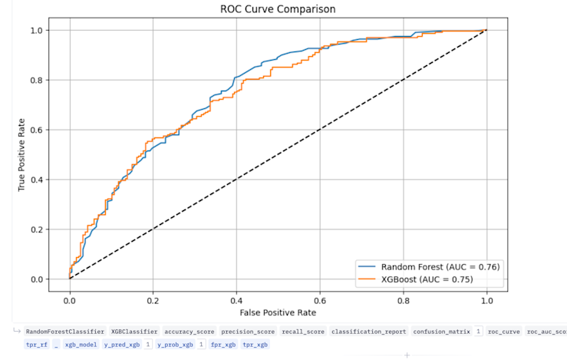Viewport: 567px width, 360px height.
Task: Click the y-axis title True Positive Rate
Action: [23, 154]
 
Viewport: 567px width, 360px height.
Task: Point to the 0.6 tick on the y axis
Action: [37, 130]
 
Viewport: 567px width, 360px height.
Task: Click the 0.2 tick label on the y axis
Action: [37, 230]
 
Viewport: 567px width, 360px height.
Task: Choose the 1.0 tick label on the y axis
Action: [37, 30]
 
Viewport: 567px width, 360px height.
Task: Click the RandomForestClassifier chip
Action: [65, 332]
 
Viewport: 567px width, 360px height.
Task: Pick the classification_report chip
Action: [368, 332]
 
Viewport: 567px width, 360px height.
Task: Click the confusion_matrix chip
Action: [441, 332]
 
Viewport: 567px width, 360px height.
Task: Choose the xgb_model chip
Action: [81, 345]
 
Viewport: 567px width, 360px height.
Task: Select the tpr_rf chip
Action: [37, 345]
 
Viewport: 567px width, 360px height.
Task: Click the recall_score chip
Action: [302, 332]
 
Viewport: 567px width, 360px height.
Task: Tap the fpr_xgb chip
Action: [224, 345]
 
